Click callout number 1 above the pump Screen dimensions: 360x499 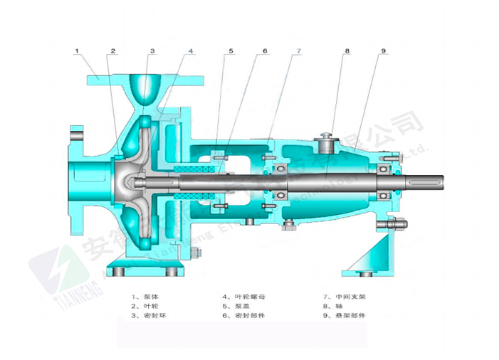[76, 51]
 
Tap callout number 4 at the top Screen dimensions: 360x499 [191, 51]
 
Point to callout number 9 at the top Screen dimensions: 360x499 [383, 51]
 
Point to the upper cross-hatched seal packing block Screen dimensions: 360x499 [197, 169]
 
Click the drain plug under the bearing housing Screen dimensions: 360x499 [290, 226]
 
